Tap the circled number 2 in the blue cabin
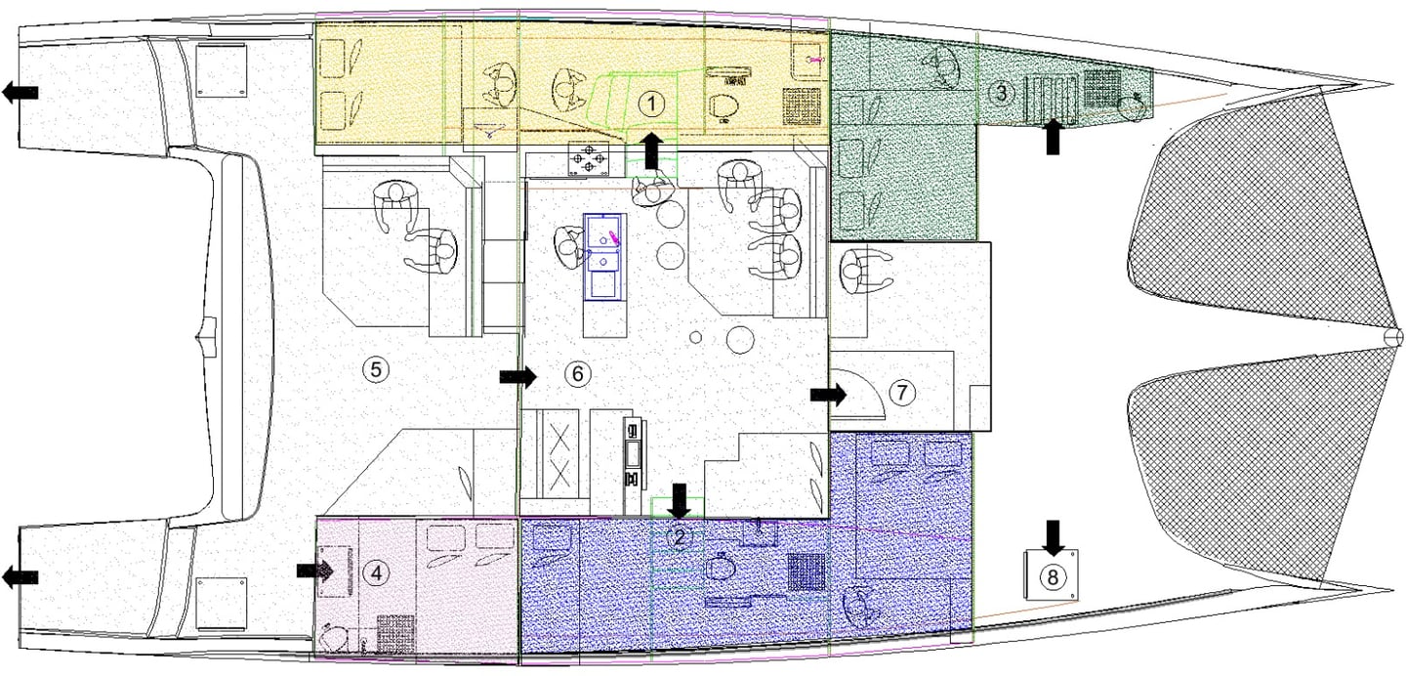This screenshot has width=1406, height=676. point(681,536)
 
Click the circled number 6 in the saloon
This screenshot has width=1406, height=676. point(577,373)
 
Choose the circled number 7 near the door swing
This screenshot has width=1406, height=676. point(901,393)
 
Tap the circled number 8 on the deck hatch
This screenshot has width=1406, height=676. point(1052,576)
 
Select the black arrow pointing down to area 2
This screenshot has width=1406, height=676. point(681,501)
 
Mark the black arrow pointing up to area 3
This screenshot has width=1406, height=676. point(1053,136)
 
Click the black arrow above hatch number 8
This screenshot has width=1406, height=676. point(1053,535)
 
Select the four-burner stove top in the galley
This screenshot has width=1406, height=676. point(589,159)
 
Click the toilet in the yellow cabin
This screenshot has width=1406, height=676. point(724,106)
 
